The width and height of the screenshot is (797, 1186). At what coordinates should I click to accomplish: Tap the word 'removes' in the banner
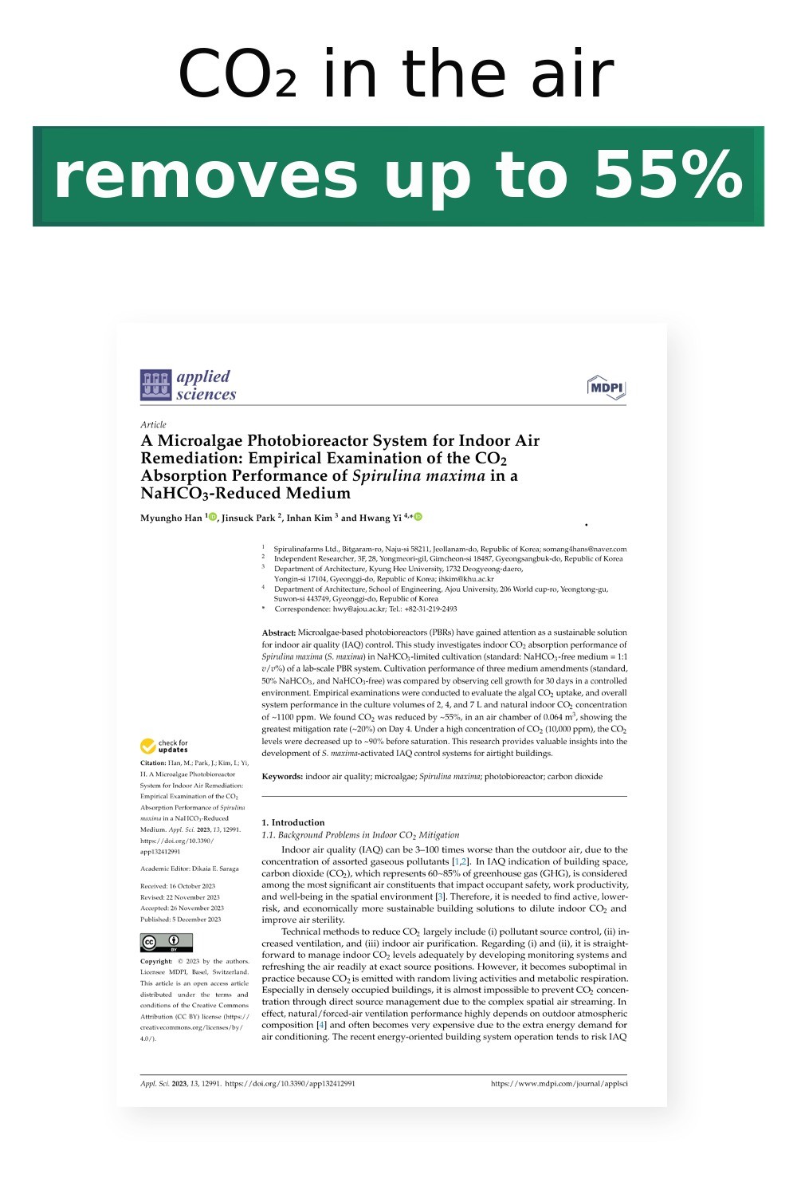pyautogui.click(x=206, y=177)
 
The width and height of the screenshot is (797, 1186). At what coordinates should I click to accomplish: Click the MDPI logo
pyautogui.click(x=607, y=388)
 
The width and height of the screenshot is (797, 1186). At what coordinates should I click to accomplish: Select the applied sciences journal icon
pyautogui.click(x=155, y=385)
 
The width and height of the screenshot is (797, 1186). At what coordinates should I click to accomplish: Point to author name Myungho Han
pyautogui.click(x=171, y=518)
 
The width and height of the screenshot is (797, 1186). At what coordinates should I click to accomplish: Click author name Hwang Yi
pyautogui.click(x=380, y=518)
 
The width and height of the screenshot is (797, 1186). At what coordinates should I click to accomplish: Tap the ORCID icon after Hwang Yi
pyautogui.click(x=418, y=517)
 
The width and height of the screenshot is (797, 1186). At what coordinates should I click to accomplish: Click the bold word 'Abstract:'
pyautogui.click(x=279, y=632)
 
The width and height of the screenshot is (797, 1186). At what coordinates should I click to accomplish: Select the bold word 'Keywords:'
pyautogui.click(x=282, y=776)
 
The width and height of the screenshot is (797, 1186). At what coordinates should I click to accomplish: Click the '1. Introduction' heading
pyautogui.click(x=293, y=822)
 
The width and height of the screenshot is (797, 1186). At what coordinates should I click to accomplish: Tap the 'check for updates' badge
pyautogui.click(x=164, y=747)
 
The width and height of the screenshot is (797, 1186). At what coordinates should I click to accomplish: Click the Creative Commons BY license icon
pyautogui.click(x=167, y=943)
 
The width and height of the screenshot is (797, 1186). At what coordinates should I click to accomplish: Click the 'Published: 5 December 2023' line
pyautogui.click(x=181, y=920)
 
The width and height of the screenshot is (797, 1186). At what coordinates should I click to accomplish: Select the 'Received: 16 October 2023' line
pyautogui.click(x=178, y=886)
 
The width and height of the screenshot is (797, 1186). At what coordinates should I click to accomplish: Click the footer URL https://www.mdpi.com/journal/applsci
pyautogui.click(x=559, y=1083)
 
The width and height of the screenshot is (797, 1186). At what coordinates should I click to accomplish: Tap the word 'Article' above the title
pyautogui.click(x=153, y=424)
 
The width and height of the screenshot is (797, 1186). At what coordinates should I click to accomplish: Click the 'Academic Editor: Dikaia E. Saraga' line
pyautogui.click(x=189, y=869)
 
